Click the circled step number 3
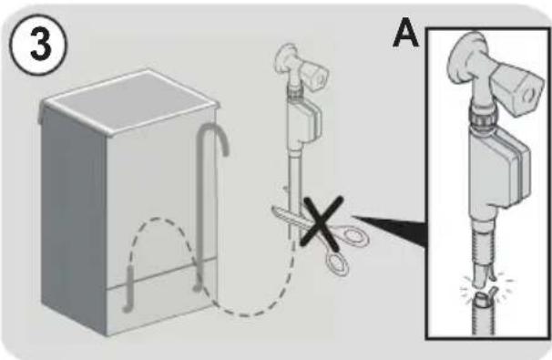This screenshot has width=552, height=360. (x=37, y=44)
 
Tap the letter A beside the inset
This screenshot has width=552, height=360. (x=406, y=33)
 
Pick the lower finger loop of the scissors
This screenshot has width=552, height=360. (x=337, y=262)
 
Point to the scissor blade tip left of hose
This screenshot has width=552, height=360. (x=274, y=210)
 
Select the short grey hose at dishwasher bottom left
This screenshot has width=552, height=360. (x=128, y=289)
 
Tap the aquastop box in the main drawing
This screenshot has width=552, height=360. (x=303, y=121)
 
